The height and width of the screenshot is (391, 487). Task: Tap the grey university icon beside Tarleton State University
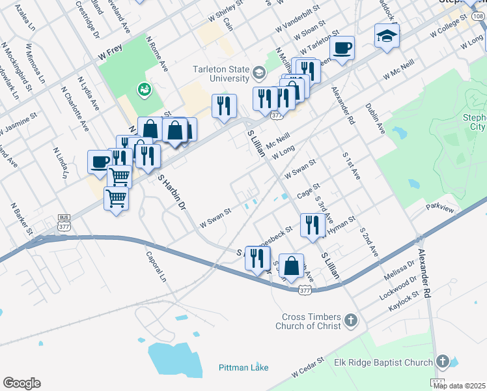point(260,72)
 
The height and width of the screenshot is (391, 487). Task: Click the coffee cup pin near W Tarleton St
point(342,48)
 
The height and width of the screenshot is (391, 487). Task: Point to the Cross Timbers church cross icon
point(351,320)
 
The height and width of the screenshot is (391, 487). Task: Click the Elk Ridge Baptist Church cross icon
point(443,362)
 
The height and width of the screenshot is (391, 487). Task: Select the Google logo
point(21,383)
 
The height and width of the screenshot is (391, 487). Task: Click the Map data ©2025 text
point(460,386)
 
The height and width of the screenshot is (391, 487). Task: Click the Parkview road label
point(439,208)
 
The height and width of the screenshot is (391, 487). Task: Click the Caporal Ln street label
point(157,267)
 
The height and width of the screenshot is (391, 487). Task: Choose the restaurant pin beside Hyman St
point(313,224)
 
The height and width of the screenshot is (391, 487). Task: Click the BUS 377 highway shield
point(64,223)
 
